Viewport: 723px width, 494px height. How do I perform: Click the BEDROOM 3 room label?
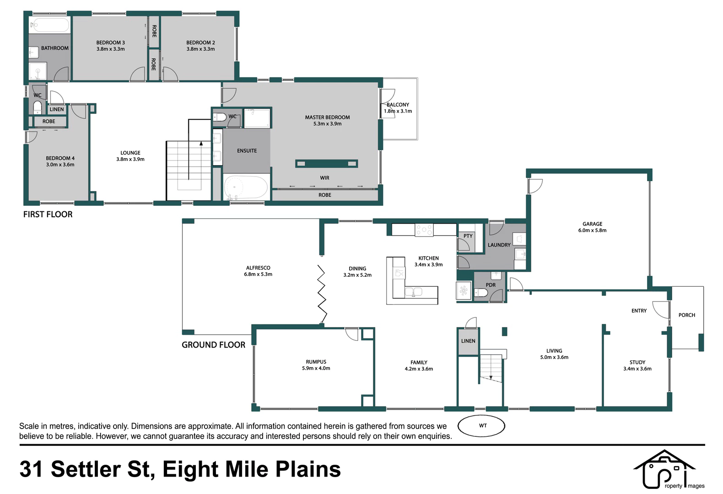click(x=110, y=43)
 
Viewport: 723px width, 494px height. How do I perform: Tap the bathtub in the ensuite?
click(x=246, y=187)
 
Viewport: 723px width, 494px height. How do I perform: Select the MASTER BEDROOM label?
click(x=327, y=118)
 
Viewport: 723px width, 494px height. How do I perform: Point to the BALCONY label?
click(x=398, y=105)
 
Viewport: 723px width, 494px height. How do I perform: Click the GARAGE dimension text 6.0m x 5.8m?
click(x=592, y=231)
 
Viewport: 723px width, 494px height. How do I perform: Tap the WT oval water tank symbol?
click(x=481, y=426)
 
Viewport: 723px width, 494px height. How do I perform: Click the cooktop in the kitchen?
click(x=424, y=230)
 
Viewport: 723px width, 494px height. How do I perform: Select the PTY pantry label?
click(x=468, y=236)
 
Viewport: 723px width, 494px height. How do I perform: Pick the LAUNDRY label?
click(x=499, y=245)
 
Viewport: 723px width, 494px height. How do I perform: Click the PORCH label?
click(x=686, y=315)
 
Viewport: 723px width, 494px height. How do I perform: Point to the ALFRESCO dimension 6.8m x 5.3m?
click(x=258, y=274)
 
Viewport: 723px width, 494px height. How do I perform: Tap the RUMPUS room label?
click(x=316, y=362)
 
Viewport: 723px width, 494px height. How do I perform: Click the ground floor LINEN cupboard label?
click(x=468, y=341)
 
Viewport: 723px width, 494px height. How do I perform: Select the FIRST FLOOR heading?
click(x=48, y=215)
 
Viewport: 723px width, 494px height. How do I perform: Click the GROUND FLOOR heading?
click(x=213, y=345)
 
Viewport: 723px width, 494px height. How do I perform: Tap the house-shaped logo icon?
click(x=664, y=469)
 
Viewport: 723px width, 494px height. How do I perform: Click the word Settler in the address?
click(x=86, y=469)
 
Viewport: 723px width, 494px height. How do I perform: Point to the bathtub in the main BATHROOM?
click(x=49, y=25)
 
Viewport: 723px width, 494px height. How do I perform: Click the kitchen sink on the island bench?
click(x=413, y=292)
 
